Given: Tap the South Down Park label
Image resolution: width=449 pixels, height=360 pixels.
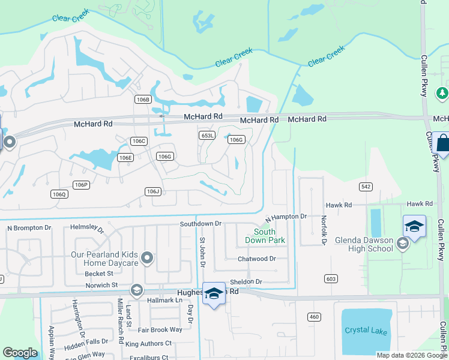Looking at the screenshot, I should click(264, 236).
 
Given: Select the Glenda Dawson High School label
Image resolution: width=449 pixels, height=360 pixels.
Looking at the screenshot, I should click(364, 245).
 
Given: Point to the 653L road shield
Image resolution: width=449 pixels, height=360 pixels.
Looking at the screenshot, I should click(207, 136).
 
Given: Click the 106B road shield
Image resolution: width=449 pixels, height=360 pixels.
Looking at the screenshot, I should click(142, 100).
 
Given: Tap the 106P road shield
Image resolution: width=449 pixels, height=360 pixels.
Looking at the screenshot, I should click(81, 185).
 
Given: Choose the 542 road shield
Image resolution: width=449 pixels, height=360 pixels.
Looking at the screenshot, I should click(366, 187).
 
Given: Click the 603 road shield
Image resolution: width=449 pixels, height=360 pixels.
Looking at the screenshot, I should click(331, 278).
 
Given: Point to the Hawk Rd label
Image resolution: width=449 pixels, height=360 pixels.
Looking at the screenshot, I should click(419, 204).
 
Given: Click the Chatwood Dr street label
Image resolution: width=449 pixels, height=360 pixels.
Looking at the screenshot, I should click(256, 259).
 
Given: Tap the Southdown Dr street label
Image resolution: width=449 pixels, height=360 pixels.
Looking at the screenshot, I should click(201, 224).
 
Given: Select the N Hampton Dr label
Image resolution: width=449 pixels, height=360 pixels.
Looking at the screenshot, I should click(285, 216).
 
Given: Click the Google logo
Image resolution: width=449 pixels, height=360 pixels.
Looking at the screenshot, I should click(20, 353).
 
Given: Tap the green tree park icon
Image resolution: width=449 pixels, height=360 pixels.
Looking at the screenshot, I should click(442, 93).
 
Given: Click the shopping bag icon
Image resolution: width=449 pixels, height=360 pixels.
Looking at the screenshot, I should click(442, 144).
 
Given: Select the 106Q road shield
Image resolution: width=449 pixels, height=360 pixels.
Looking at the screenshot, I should click(59, 194).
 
